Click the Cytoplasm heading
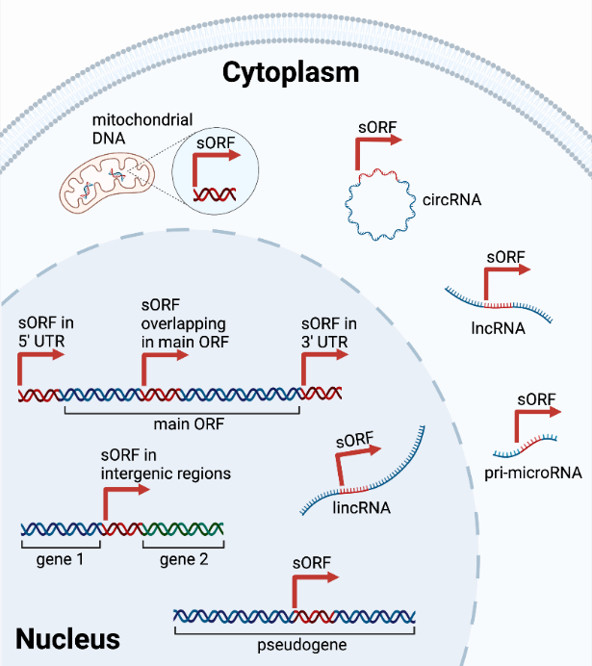point(290,72)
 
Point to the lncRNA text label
point(498,327)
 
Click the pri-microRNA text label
point(529,472)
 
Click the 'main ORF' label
point(183,423)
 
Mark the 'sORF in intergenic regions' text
point(166,464)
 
